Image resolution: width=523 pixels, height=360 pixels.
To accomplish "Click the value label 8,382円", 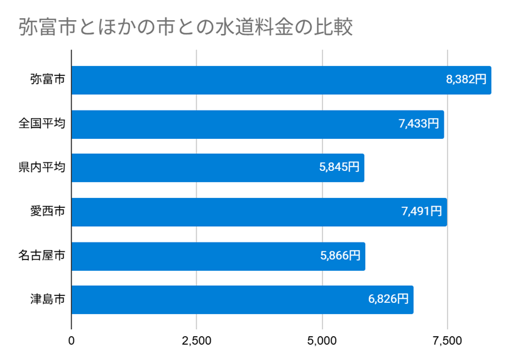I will click(x=466, y=80).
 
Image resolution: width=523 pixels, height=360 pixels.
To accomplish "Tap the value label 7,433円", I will click(x=419, y=124).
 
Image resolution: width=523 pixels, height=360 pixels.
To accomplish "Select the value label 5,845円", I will click(x=339, y=168).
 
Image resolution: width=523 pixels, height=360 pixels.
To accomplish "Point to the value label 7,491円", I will click(x=421, y=212).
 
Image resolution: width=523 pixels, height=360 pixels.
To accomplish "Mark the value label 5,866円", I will click(x=340, y=256).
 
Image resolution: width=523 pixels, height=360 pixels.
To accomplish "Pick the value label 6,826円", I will click(x=388, y=300).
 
